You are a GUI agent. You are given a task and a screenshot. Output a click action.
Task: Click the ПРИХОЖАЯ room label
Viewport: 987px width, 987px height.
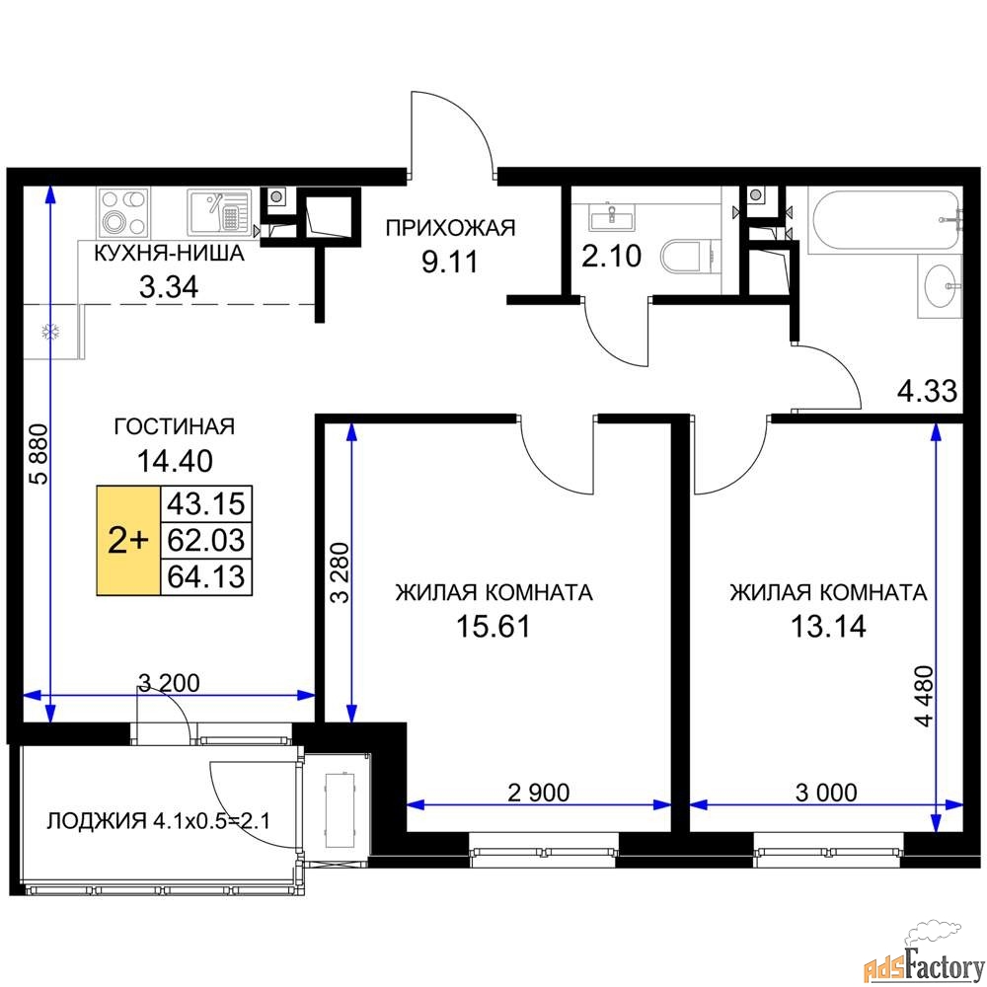[450, 229]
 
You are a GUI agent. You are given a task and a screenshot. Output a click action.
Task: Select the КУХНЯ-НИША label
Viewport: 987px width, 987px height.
[168, 254]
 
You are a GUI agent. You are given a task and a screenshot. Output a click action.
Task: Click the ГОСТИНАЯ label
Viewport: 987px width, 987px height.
[174, 426]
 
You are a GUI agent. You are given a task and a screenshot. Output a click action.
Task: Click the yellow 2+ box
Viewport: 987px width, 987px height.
[128, 540]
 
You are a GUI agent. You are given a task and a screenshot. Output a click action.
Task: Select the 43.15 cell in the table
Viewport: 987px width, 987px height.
[206, 503]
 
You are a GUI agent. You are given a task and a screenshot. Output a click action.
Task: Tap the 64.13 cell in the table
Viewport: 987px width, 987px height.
[206, 575]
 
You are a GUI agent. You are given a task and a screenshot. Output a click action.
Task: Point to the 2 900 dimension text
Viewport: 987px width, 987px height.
[538, 791]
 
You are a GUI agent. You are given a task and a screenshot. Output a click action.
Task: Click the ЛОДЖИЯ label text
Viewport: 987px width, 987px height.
[97, 821]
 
